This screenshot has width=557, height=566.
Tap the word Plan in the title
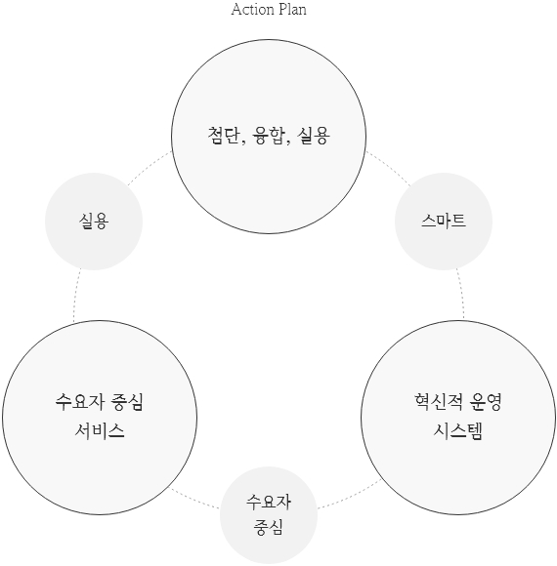[x=292, y=10]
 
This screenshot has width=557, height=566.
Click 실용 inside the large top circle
[x=314, y=136]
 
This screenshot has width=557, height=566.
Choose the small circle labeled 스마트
[x=444, y=222]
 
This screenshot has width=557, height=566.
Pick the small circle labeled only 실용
[x=94, y=222]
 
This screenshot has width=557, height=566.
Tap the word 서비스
[x=100, y=431]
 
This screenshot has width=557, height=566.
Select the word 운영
[x=486, y=402]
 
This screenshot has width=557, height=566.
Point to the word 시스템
[x=458, y=431]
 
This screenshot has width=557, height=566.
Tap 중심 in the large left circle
[x=128, y=402]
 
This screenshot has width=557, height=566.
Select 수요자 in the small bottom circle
[x=269, y=503]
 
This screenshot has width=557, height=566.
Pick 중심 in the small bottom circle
[x=268, y=527]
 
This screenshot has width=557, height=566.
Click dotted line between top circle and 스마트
[x=390, y=168]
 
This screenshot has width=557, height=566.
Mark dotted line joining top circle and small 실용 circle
[x=149, y=167]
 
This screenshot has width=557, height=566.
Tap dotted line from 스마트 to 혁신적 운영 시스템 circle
[x=461, y=294]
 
